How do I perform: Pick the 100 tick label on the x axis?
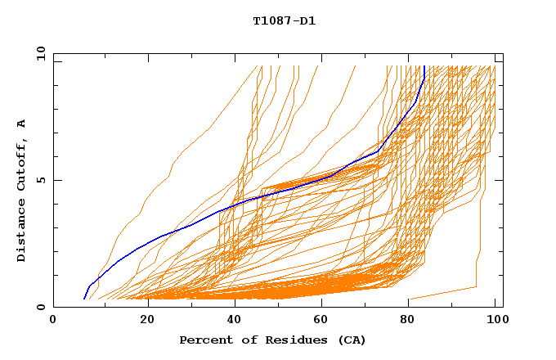tap(495, 320)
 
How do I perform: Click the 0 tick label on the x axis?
tap(53, 320)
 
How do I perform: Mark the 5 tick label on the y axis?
tap(40, 181)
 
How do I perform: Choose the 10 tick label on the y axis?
tap(40, 54)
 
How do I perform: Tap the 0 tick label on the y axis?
tap(40, 308)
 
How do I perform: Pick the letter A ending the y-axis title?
tap(22, 123)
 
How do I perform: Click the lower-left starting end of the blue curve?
tap(84, 299)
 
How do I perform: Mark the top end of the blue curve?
tap(424, 67)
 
